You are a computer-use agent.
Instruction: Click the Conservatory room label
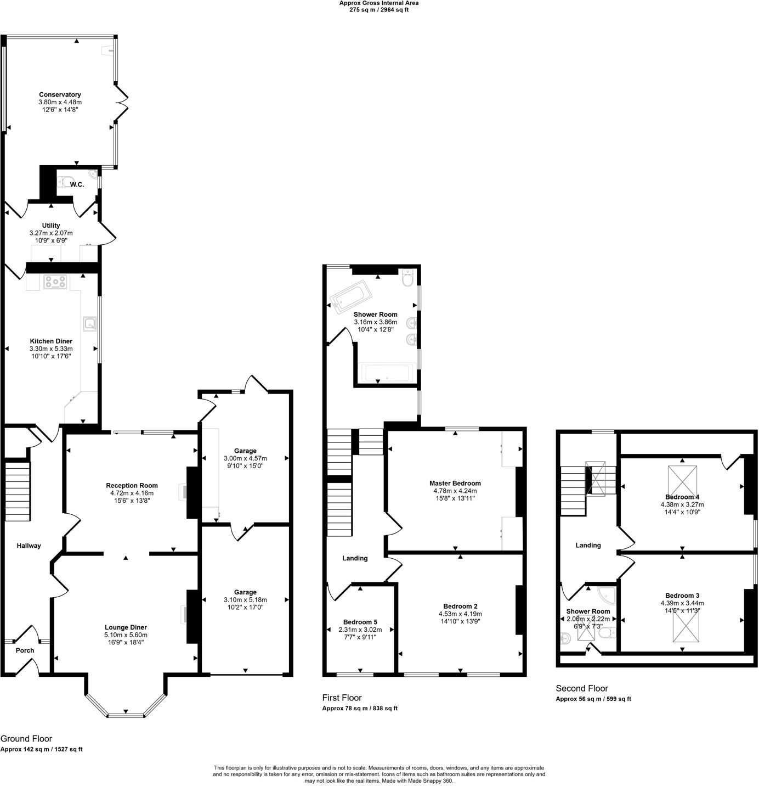click(60, 94)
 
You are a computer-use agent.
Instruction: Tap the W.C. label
click(77, 184)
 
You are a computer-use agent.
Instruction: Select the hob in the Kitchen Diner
click(56, 282)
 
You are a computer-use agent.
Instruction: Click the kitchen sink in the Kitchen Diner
click(89, 324)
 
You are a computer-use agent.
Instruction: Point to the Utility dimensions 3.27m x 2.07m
click(51, 233)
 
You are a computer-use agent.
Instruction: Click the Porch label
click(25, 650)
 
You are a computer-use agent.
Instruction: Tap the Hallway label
click(29, 546)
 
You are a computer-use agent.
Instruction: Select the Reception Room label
click(132, 485)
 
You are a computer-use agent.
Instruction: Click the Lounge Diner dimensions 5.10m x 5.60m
click(126, 635)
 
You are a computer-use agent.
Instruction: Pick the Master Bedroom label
click(455, 484)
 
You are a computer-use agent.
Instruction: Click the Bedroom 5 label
click(360, 622)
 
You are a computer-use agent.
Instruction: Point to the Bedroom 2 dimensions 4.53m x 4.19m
click(460, 614)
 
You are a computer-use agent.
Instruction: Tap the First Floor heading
click(342, 698)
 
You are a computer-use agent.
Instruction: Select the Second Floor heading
click(582, 688)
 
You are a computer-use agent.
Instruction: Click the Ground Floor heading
click(26, 739)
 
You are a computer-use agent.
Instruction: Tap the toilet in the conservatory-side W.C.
click(66, 179)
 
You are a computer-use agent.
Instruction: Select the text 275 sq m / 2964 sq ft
click(379, 10)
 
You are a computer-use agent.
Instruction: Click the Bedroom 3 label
click(682, 596)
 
